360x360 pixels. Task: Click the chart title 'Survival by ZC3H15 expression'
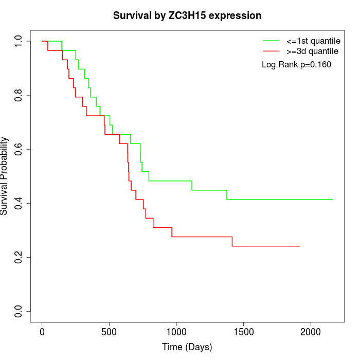pos(187,16)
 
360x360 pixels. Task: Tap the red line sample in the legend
pos(271,51)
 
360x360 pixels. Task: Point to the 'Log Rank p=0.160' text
pos(297,65)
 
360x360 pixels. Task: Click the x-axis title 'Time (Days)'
pos(187,347)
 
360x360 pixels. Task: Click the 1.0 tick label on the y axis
pos(19,41)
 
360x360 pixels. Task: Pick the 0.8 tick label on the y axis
pos(19,95)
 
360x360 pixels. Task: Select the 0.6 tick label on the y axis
pos(19,149)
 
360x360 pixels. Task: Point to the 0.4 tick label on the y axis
pos(19,203)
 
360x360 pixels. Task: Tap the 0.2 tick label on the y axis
pos(19,257)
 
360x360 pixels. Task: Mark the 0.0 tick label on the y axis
pos(19,311)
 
